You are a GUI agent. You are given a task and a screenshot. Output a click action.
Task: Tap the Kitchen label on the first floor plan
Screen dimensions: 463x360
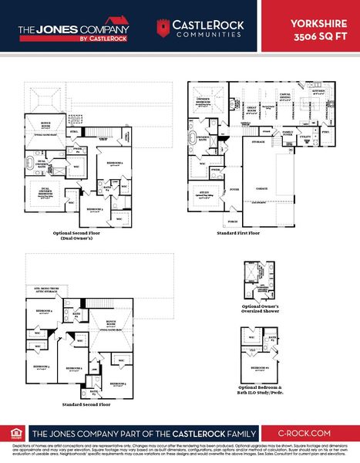pyautogui.click(x=318, y=92)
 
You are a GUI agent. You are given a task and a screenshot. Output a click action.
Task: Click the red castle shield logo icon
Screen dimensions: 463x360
pyautogui.click(x=162, y=29)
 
